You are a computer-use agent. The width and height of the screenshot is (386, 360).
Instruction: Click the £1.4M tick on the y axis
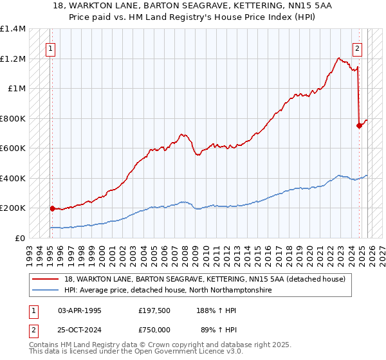pos(13,29)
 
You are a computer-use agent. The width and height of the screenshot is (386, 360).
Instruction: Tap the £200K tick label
pos(13,208)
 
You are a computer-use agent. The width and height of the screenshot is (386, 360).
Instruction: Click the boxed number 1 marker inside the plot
pos(50,47)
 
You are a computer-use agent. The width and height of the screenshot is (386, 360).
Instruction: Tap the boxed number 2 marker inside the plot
pos(357,47)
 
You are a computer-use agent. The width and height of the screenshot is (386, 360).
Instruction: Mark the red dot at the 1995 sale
pos(52,208)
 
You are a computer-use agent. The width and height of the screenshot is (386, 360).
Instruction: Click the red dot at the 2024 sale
pos(359,126)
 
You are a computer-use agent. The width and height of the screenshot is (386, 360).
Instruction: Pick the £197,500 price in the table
pos(154,310)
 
